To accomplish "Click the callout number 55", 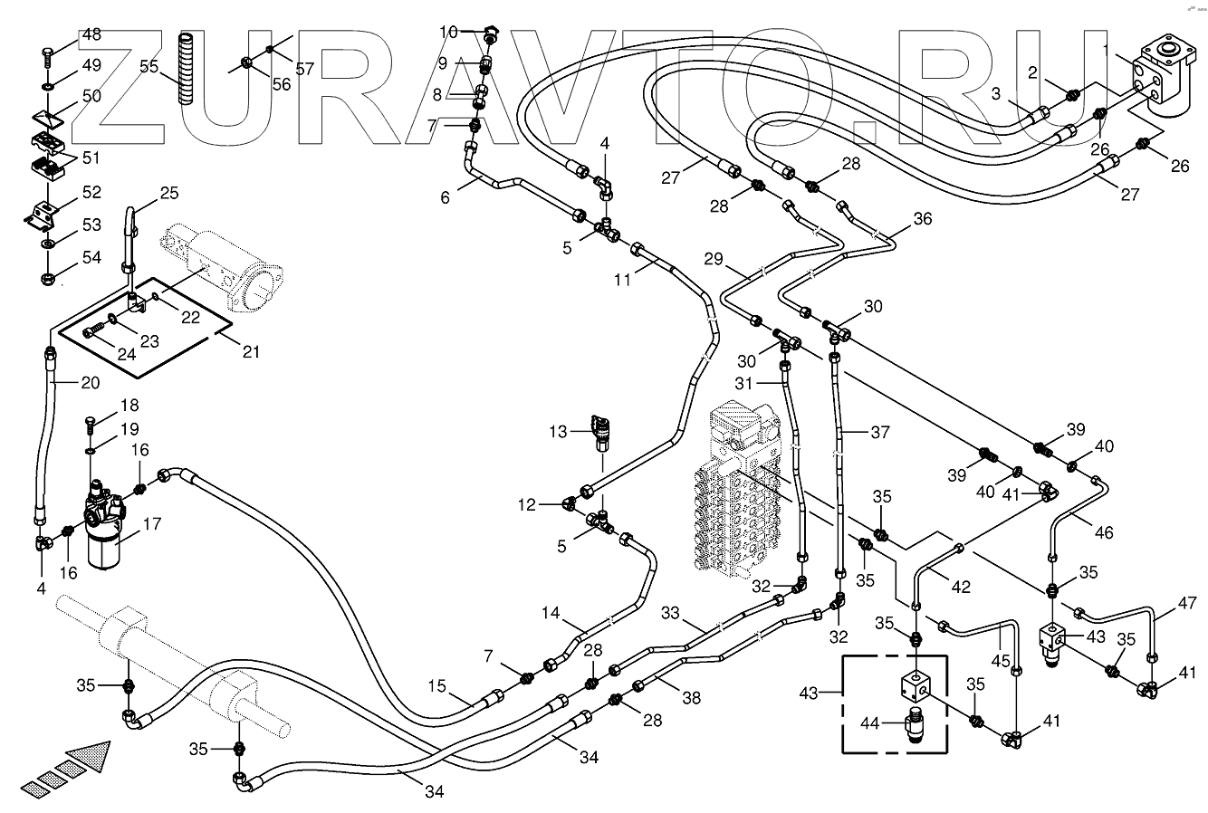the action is pos(149,66).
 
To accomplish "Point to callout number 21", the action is pos(252,352).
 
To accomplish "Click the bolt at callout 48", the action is pos(46,57).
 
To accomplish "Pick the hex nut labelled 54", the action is pos(48,279).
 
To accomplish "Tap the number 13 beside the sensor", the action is pos(558,431).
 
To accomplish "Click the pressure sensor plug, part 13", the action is pos(599,433).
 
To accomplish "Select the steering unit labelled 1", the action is pos(1158,81).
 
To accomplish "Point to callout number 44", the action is pos(869,723).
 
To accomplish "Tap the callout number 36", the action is pos(923,218).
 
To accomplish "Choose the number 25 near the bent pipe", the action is pos(169,193).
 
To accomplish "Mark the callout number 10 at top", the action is pos(448,33).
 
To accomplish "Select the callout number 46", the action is pos(1104,532).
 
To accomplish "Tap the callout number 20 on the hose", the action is pos(90,383).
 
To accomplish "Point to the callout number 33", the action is pos(670,613).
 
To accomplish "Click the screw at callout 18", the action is pos(90,425).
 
